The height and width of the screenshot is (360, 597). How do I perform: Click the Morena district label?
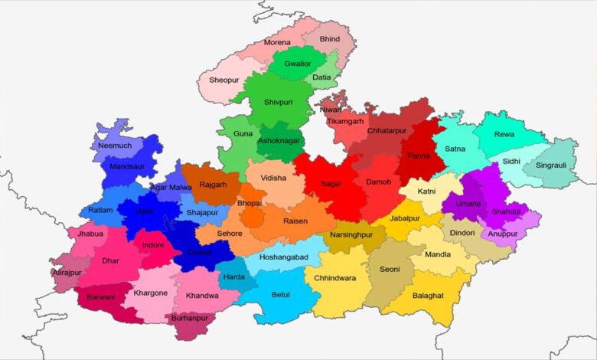(x=277, y=42)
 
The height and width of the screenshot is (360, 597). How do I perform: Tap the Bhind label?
(x=330, y=38)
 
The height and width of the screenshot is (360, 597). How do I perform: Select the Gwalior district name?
(x=297, y=64)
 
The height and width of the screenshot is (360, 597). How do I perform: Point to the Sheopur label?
(x=223, y=80)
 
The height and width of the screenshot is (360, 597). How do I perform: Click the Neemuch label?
(x=115, y=145)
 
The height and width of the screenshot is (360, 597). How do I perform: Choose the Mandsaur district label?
(x=127, y=165)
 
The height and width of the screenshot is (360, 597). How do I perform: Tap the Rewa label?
(x=504, y=134)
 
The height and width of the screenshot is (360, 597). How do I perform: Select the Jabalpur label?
(x=405, y=218)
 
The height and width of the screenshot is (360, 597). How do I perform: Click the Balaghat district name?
(x=428, y=295)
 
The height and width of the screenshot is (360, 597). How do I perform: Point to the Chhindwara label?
(x=334, y=278)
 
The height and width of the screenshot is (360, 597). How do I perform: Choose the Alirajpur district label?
(x=67, y=272)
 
